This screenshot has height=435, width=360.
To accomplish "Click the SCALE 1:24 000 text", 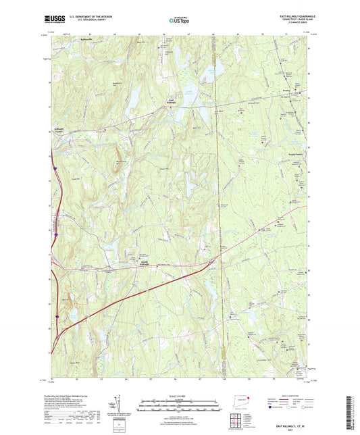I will point(179,395).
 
